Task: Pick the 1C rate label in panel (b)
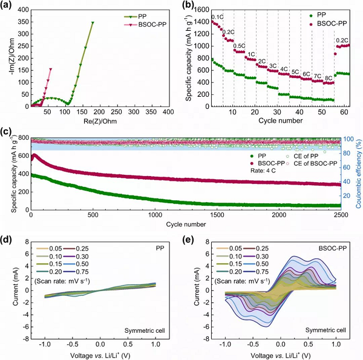pos(251,54)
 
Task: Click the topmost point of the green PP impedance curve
pos(93,22)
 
